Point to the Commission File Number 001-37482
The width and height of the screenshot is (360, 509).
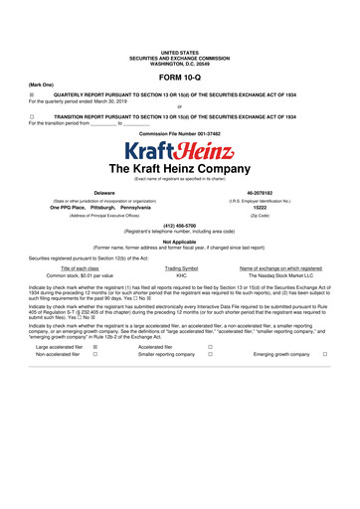[179, 133]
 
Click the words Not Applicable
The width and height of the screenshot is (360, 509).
[179, 268]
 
